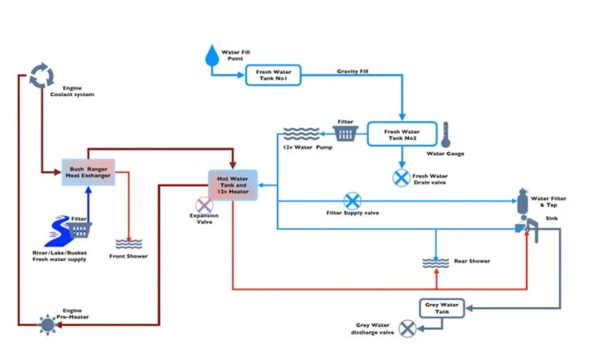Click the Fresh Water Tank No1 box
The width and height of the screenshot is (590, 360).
pyautogui.click(x=273, y=75)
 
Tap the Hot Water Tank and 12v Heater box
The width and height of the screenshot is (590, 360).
pyautogui.click(x=233, y=185)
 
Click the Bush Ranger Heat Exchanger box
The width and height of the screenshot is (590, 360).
pyautogui.click(x=88, y=172)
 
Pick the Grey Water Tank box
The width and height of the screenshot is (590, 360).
pyautogui.click(x=442, y=308)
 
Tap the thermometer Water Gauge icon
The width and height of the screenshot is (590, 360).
pyautogui.click(x=446, y=135)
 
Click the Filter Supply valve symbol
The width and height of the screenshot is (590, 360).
pyautogui.click(x=352, y=201)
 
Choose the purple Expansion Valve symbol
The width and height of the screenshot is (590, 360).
pyautogui.click(x=204, y=205)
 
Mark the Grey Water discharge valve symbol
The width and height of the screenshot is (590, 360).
pyautogui.click(x=407, y=329)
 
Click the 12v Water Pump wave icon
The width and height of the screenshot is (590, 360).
pyautogui.click(x=296, y=134)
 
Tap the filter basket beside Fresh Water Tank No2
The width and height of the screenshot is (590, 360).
pyautogui.click(x=346, y=134)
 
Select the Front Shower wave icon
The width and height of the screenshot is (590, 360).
pyautogui.click(x=128, y=244)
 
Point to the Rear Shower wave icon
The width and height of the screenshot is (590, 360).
pyautogui.click(x=436, y=263)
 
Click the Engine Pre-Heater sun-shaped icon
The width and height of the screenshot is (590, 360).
pyautogui.click(x=48, y=325)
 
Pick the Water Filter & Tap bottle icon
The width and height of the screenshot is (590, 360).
pyautogui.click(x=524, y=202)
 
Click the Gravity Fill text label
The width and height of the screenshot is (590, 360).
pyautogui.click(x=352, y=71)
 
